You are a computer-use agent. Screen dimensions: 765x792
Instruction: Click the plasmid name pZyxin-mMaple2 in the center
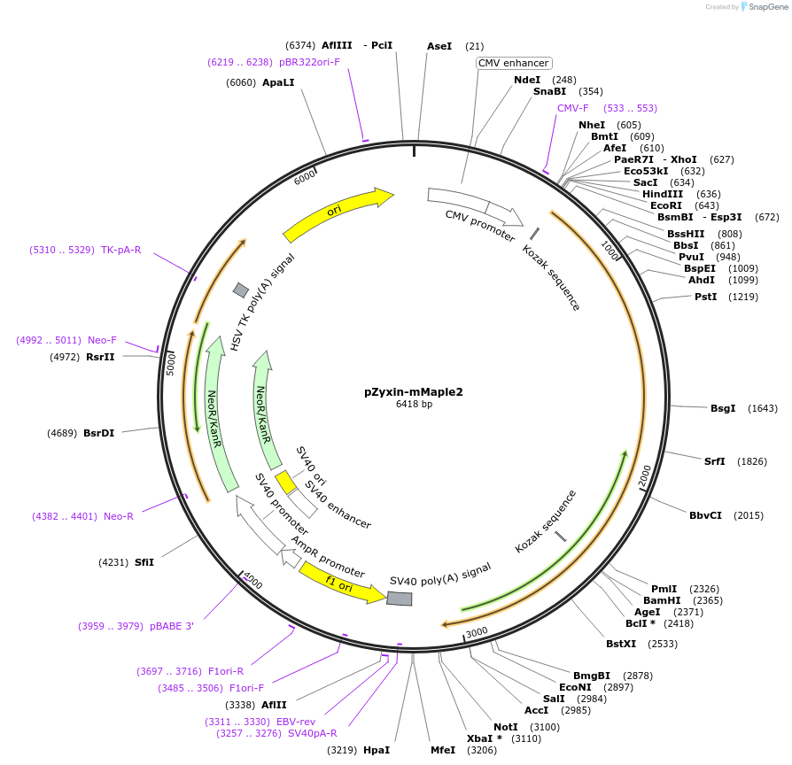tap(413, 390)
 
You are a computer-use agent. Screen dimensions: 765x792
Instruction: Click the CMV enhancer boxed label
tap(514, 63)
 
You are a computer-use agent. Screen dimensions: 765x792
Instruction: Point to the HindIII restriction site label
tap(663, 194)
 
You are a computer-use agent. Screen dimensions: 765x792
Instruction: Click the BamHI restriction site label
tap(663, 600)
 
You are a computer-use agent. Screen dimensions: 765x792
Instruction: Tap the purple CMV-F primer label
tap(572, 108)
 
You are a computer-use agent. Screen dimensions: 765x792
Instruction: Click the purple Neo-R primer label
tap(119, 516)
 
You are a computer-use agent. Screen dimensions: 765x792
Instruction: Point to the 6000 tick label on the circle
tap(305, 177)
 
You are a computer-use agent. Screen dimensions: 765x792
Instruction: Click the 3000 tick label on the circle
tap(477, 631)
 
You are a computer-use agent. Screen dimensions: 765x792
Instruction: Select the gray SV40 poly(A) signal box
tap(399, 599)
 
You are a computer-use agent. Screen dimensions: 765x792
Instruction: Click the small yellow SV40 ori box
tap(285, 482)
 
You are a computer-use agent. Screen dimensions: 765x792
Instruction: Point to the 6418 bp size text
tap(414, 404)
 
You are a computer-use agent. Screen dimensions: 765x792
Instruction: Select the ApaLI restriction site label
tap(278, 82)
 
